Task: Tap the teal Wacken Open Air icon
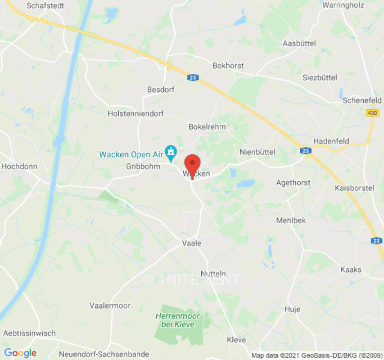pos(171,153)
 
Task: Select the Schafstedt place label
pos(45,6)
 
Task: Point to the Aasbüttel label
pos(299,43)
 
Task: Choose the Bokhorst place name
pos(228,66)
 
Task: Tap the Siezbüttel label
pos(320,77)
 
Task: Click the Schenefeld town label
pos(362,100)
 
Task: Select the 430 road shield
pos(372,113)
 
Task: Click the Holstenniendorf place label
pos(136,114)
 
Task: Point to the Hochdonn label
pos(19,166)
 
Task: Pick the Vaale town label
pos(191,243)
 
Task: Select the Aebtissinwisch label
pos(29,333)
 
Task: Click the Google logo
pos(20,353)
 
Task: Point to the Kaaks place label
pos(351,270)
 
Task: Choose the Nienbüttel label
pos(258,152)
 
